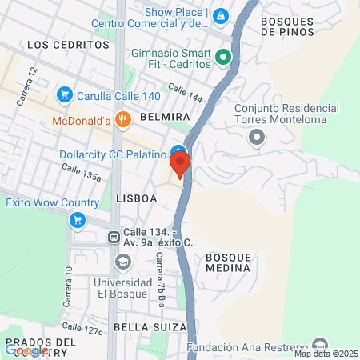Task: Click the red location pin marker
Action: tap(180, 164)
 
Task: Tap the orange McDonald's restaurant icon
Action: tap(122, 121)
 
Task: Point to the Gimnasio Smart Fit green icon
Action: tap(224, 57)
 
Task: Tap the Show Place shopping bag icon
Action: tap(221, 14)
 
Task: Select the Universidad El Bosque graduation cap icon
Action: tap(122, 262)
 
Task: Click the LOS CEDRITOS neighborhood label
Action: tap(67, 45)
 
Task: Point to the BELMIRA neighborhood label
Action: tap(164, 117)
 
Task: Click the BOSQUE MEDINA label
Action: tap(229, 263)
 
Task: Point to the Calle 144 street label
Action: tap(185, 95)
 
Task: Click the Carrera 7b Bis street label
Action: tap(160, 272)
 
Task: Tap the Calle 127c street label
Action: tap(82, 329)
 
